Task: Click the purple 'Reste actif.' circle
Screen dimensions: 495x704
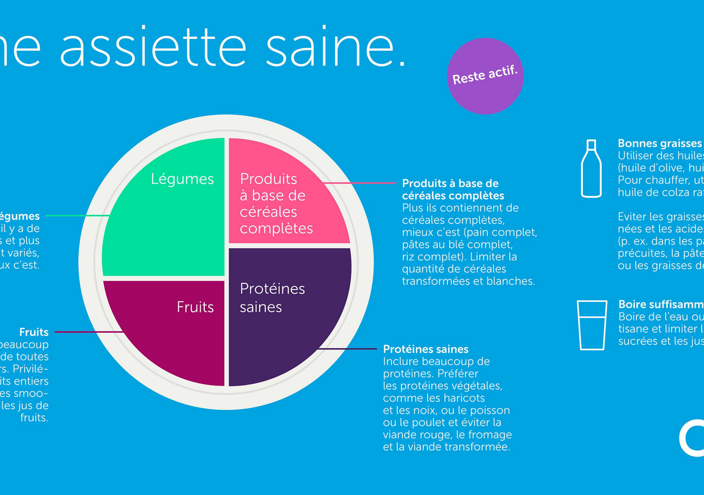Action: point(485,76)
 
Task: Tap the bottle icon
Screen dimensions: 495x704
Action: point(591,169)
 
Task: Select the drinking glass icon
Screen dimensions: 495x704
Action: point(592,326)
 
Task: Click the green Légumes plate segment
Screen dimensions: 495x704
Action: point(167,220)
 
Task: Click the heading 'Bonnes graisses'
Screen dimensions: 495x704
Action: point(660,143)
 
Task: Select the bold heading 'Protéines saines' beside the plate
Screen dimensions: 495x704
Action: point(425,349)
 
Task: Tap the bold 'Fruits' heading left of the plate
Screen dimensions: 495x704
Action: point(34,332)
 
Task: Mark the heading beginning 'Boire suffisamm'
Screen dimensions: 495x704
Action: point(660,304)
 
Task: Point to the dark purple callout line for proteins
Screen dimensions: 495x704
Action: point(348,349)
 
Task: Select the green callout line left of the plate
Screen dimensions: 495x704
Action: point(77,216)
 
